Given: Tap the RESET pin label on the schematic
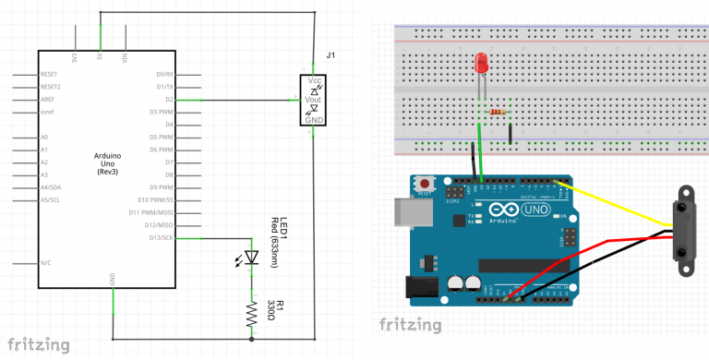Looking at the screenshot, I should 49,74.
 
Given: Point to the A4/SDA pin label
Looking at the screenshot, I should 52,186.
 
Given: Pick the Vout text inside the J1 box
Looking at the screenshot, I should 314,95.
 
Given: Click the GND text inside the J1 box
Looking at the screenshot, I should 314,120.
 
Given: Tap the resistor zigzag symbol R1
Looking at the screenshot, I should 250,314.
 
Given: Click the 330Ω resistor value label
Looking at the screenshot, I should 271,310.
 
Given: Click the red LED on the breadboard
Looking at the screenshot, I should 481,64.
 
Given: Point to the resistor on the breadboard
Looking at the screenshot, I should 499,112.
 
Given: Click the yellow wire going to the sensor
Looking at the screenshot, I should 619,203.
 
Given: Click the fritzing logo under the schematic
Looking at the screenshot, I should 37,345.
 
